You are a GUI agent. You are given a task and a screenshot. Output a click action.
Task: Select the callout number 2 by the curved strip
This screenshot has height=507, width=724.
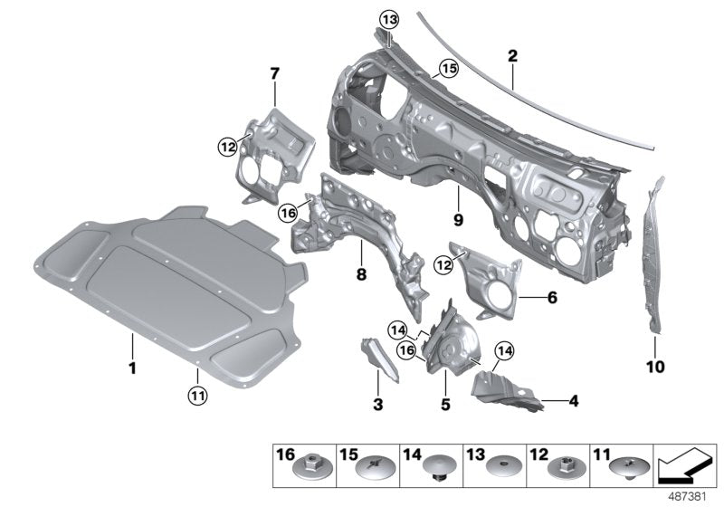(x=512, y=55)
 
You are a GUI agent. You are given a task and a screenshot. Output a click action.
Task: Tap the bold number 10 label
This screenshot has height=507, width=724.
(x=655, y=367)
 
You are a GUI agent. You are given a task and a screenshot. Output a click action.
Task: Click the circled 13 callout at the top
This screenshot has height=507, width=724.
(x=387, y=20)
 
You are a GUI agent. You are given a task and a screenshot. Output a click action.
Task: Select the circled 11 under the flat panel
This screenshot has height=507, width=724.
(x=196, y=393)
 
